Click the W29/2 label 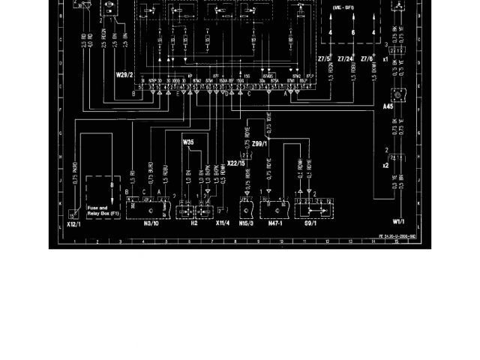click(x=124, y=75)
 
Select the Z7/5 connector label click(x=324, y=58)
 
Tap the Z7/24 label click(x=346, y=58)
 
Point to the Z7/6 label click(x=367, y=58)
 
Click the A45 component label click(x=388, y=106)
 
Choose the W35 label click(x=187, y=141)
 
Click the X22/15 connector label click(x=236, y=163)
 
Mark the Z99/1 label click(x=259, y=143)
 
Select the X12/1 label click(x=72, y=223)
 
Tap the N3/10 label click(x=151, y=223)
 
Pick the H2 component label click(x=193, y=223)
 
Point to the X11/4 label click(x=222, y=223)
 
